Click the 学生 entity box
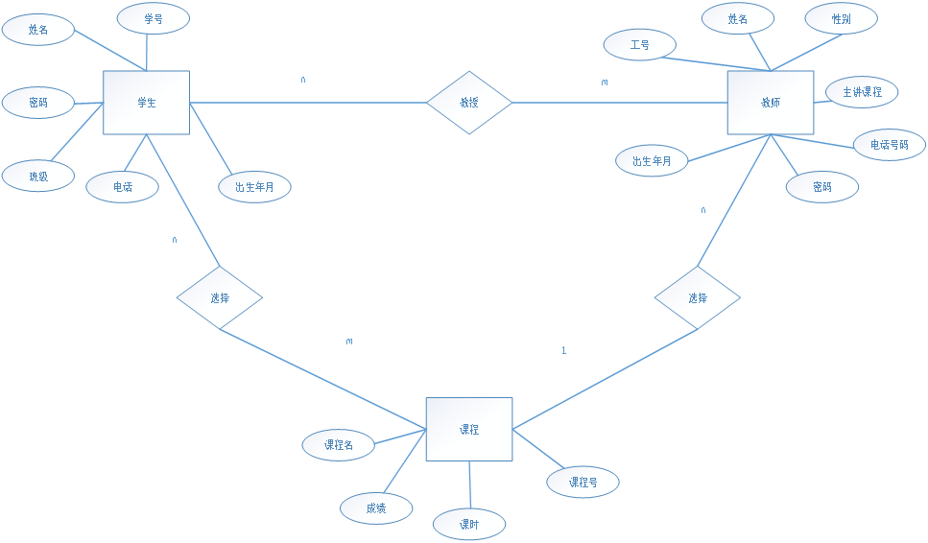point(146,103)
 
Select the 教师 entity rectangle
point(770,103)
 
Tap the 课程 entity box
point(468,429)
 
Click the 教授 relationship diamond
point(468,102)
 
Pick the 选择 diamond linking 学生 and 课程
point(219,297)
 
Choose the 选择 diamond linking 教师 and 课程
point(697,297)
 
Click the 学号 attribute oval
point(153,18)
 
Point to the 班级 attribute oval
point(37,176)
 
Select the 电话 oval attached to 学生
point(122,187)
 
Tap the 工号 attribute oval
point(639,44)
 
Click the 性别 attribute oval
point(841,18)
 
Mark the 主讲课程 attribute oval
point(862,92)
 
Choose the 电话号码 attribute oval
point(889,145)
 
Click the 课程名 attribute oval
point(338,445)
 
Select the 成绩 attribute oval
point(376,508)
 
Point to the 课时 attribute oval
point(468,525)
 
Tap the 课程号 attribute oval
point(583,482)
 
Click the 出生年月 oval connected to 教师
point(653,161)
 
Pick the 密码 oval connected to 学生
point(37,102)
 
